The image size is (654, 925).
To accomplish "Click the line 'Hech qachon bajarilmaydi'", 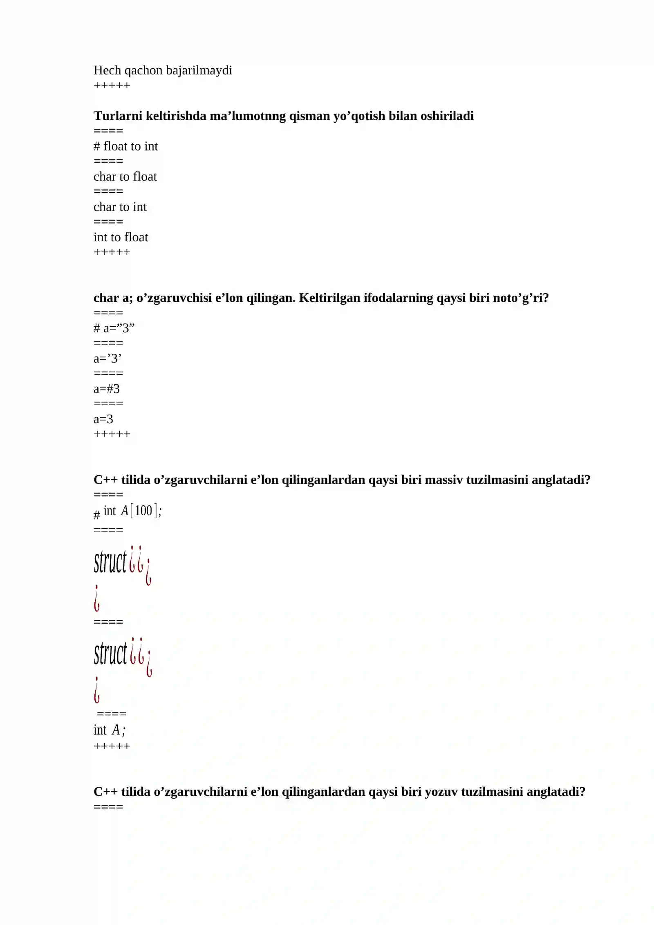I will tap(163, 70).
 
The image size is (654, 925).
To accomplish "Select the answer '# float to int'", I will tap(125, 146).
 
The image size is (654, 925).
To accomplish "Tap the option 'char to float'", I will tap(125, 177).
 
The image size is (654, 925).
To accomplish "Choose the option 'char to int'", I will tap(120, 207).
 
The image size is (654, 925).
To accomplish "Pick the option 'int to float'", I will tap(121, 237).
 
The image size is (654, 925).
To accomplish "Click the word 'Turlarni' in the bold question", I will tap(118, 116).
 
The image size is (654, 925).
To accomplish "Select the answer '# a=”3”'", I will tap(114, 328).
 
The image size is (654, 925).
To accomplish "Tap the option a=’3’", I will tap(108, 359).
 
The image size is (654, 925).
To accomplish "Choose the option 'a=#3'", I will tap(107, 389).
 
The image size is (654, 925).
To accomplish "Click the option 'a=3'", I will tap(103, 419).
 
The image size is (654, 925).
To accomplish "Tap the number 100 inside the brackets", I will tap(143, 511).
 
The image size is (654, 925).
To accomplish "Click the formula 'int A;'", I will tap(110, 730).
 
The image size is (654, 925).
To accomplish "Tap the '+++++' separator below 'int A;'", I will tap(112, 746).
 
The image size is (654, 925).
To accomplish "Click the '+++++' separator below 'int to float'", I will tap(112, 252).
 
